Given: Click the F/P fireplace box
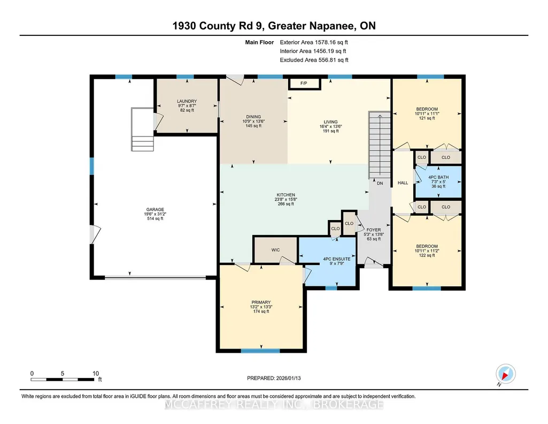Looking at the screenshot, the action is [304, 84].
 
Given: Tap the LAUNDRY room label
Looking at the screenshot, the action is [187, 101].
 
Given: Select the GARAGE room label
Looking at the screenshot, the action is [155, 209].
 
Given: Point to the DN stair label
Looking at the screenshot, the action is [380, 183].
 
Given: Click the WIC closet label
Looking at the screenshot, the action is [275, 250].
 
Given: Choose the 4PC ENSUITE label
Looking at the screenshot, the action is [337, 259].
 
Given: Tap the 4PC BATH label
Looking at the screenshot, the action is [438, 177].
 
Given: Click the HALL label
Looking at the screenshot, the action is [403, 183].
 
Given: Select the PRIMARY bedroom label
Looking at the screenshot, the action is [261, 302].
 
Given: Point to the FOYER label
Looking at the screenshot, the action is [374, 230].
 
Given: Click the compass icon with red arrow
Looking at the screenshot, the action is [505, 374].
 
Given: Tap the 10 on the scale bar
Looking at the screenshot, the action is [96, 373].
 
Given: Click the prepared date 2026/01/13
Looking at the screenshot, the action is [288, 378].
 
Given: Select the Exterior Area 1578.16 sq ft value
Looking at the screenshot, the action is [314, 42].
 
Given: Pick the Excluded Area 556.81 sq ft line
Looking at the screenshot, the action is [314, 60].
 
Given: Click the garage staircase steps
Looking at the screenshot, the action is [142, 130].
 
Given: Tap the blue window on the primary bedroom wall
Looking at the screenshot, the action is [260, 351].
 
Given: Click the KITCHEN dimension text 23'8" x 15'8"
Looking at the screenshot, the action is [286, 199].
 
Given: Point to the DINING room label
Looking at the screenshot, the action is [253, 117].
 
